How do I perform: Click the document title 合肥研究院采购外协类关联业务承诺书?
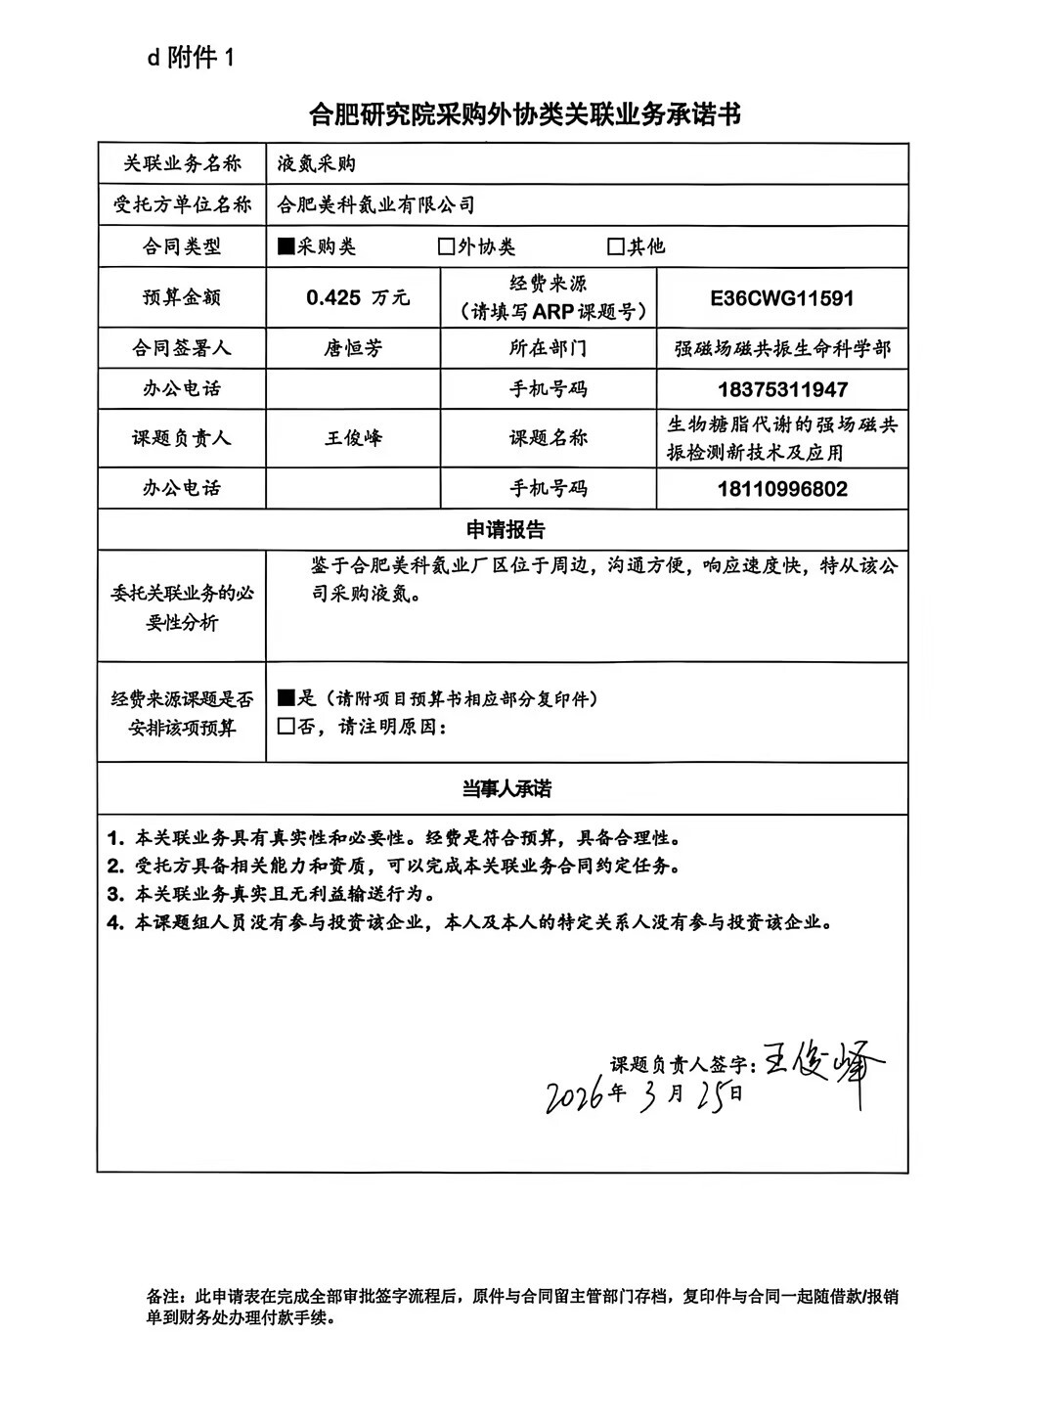click(x=525, y=115)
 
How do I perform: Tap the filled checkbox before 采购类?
click(x=286, y=246)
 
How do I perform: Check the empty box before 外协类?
click(x=447, y=246)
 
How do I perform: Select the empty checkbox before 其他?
click(x=616, y=246)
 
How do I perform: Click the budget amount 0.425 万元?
click(x=357, y=298)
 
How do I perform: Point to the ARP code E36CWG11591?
click(x=782, y=298)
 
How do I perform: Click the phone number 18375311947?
click(x=782, y=389)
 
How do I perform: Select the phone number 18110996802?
click(x=782, y=489)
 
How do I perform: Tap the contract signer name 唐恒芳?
click(x=353, y=348)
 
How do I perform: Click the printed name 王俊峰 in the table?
click(x=353, y=438)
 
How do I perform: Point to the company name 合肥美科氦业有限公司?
click(x=376, y=205)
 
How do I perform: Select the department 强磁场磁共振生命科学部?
click(x=782, y=349)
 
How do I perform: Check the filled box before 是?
click(x=286, y=698)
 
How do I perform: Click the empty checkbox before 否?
click(x=286, y=727)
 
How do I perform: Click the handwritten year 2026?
click(x=575, y=1097)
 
